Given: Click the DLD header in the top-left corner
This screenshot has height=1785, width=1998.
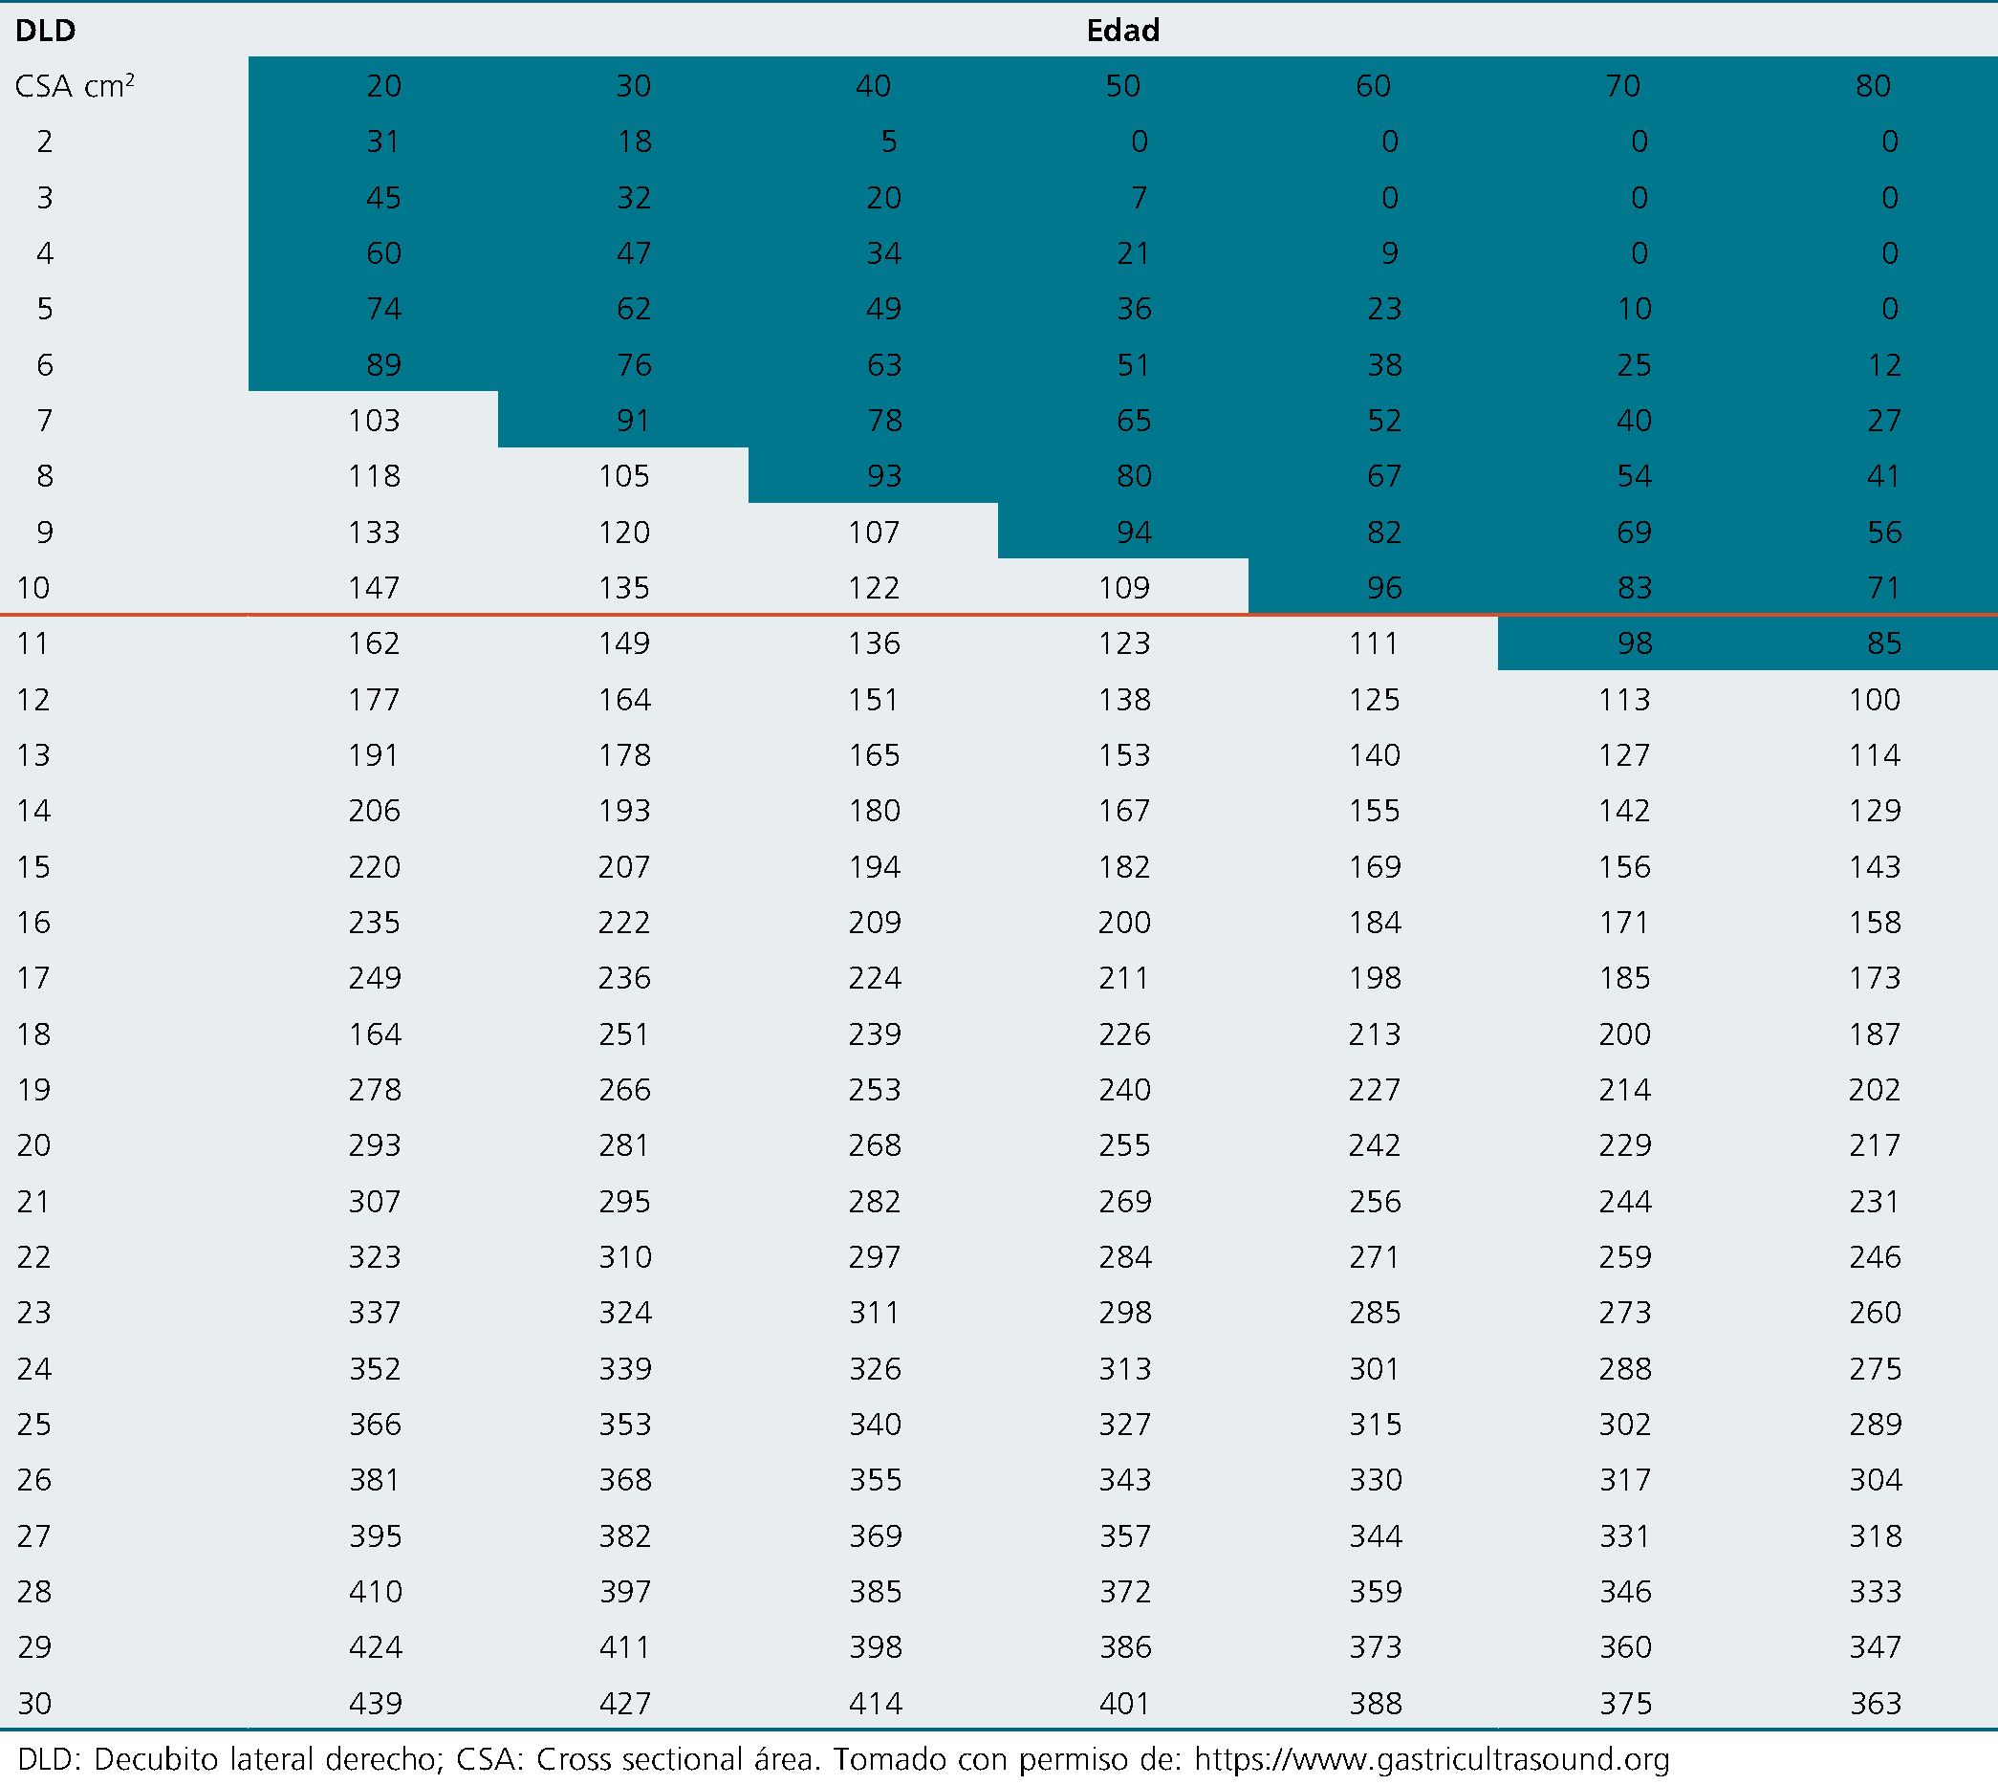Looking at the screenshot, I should pyautogui.click(x=45, y=31).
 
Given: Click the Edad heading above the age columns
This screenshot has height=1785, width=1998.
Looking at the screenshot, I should pyautogui.click(x=1122, y=31).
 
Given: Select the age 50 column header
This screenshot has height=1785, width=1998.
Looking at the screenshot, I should pyautogui.click(x=1123, y=86).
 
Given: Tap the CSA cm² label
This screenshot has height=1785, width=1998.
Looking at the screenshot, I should pyautogui.click(x=75, y=86).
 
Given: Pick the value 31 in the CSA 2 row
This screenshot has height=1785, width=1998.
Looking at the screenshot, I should pyautogui.click(x=382, y=142).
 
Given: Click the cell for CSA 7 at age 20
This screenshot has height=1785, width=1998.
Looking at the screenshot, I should pyautogui.click(x=375, y=421).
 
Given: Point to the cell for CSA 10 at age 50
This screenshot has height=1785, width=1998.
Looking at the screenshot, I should pyautogui.click(x=1124, y=587).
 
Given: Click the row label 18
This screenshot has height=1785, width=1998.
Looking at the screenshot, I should pyautogui.click(x=34, y=1034).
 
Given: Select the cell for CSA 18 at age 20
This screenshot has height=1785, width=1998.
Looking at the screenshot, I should pyautogui.click(x=375, y=1034).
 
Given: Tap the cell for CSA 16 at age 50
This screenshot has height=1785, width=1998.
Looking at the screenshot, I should pyautogui.click(x=1124, y=922).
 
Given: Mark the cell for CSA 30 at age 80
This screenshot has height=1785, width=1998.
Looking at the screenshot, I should pyautogui.click(x=1876, y=1704).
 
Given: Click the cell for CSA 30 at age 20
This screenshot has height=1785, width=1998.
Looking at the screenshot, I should pyautogui.click(x=375, y=1704).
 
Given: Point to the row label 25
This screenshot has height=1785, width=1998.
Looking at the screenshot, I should pyautogui.click(x=34, y=1424).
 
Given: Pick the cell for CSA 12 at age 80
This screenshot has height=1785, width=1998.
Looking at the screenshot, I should pyautogui.click(x=1876, y=699).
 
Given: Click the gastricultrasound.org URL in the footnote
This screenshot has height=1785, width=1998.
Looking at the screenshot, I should pyautogui.click(x=1431, y=1760).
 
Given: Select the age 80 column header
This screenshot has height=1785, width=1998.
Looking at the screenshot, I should pyautogui.click(x=1873, y=86).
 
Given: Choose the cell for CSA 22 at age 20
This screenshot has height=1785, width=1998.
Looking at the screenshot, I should pyautogui.click(x=375, y=1256).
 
